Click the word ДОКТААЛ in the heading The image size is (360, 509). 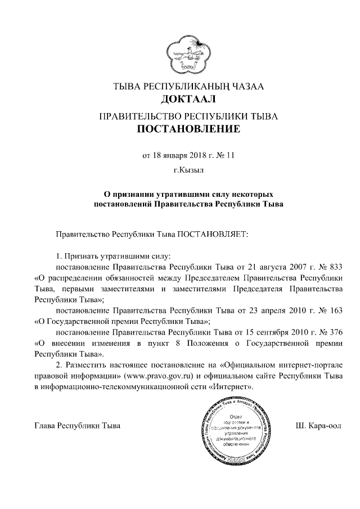188,101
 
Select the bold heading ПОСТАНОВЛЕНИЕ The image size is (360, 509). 189,131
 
